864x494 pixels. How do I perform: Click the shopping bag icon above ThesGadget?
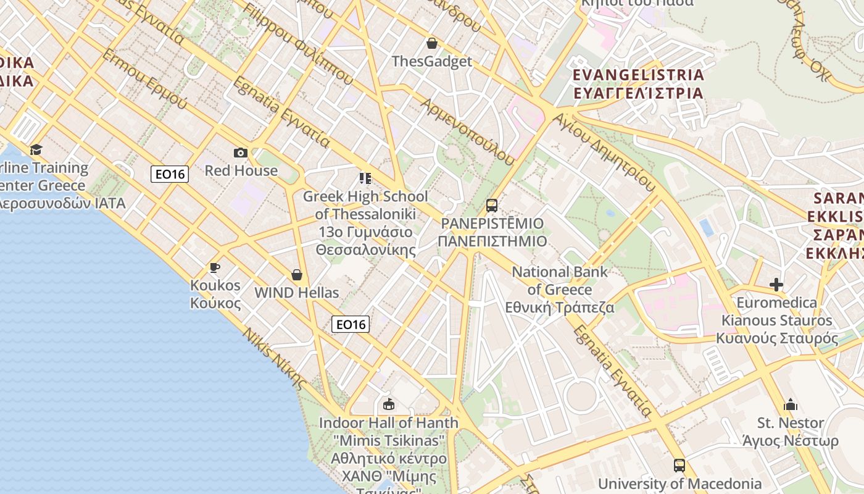point(432,43)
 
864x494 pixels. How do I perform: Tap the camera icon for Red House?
point(241,153)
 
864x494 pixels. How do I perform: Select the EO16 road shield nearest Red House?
point(170,174)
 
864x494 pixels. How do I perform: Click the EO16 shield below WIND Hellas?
point(351,324)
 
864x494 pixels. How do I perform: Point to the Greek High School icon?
point(365,178)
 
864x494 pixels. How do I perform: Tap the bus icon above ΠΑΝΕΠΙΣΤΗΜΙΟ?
point(492,206)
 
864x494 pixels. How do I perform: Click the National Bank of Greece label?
point(560,290)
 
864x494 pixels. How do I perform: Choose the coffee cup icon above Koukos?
point(215,267)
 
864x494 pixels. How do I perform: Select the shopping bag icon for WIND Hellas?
point(297,275)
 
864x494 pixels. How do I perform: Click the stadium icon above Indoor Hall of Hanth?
point(389,405)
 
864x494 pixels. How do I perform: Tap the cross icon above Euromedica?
point(776,285)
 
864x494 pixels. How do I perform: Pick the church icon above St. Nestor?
point(791,405)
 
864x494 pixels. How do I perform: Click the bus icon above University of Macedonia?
point(679,466)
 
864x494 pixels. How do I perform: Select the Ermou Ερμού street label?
point(144,79)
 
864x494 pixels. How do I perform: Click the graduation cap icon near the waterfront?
point(36,149)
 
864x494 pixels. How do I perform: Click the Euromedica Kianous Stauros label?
point(777,320)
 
